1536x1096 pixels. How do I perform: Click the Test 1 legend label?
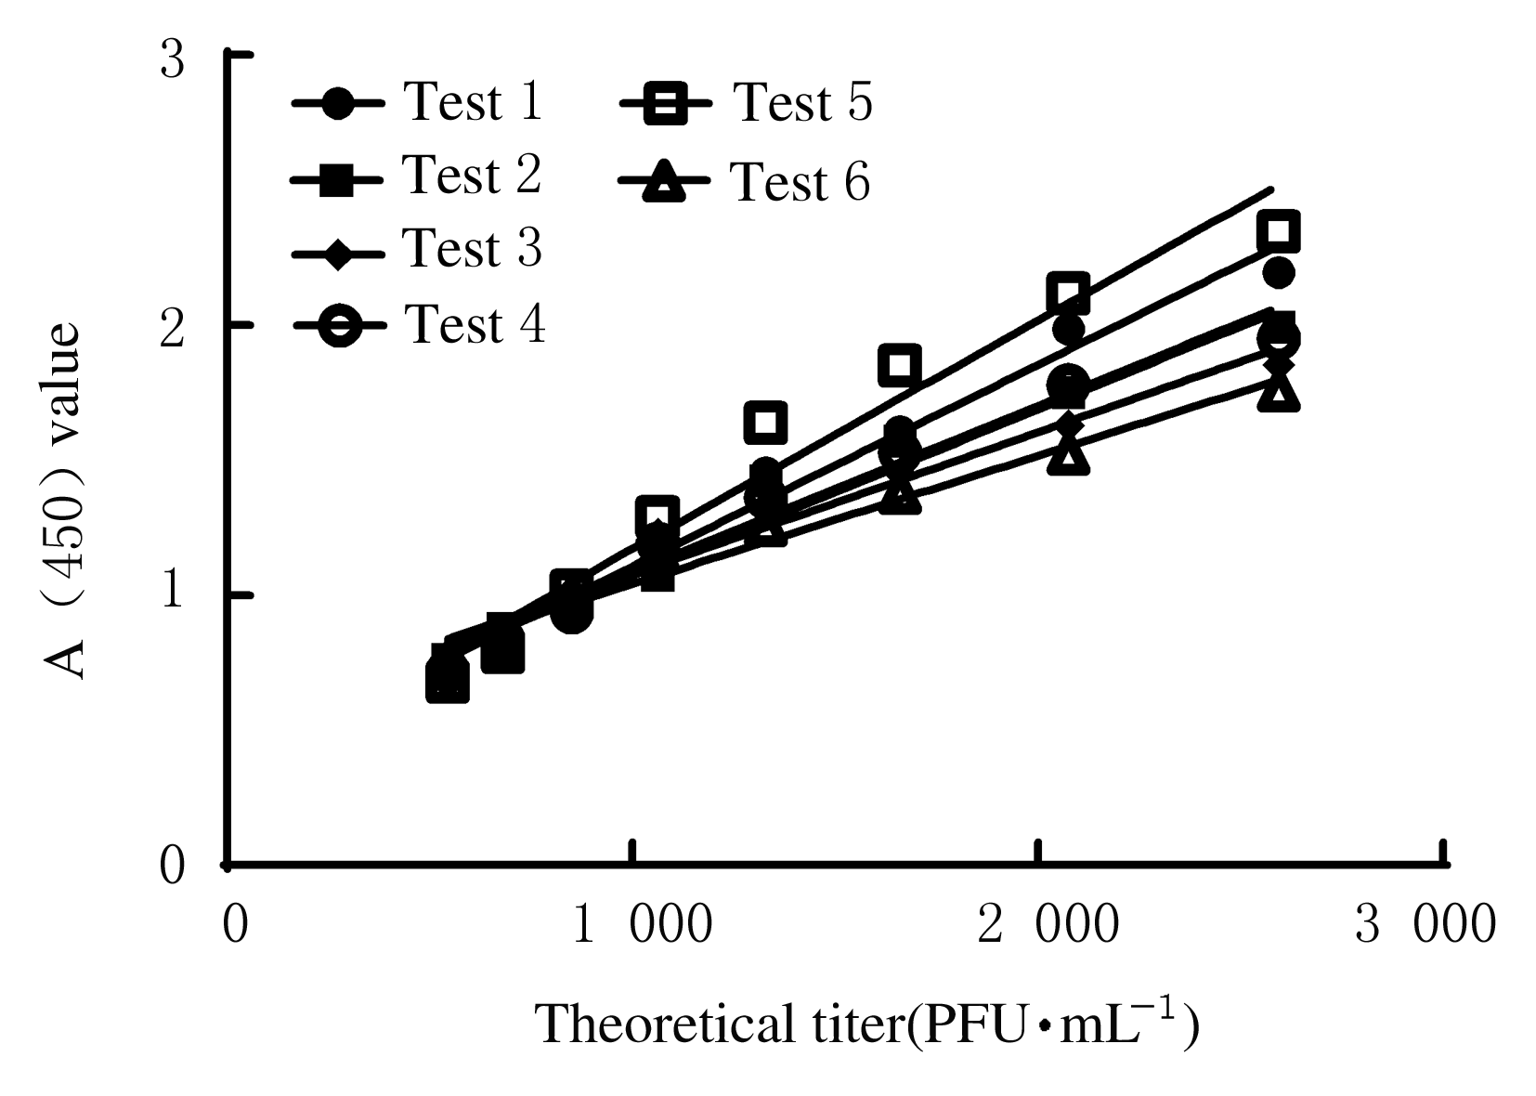coord(473,101)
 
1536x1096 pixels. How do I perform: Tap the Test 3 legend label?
coord(473,248)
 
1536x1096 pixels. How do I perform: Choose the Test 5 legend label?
coord(803,102)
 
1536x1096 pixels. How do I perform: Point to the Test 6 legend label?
coord(801,181)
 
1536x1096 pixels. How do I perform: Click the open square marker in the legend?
coord(665,104)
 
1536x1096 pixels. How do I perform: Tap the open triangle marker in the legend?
coord(665,181)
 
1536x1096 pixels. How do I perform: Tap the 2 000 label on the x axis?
coord(1048,925)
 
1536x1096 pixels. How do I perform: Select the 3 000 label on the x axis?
coord(1425,925)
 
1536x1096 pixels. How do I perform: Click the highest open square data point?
coord(1278,231)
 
